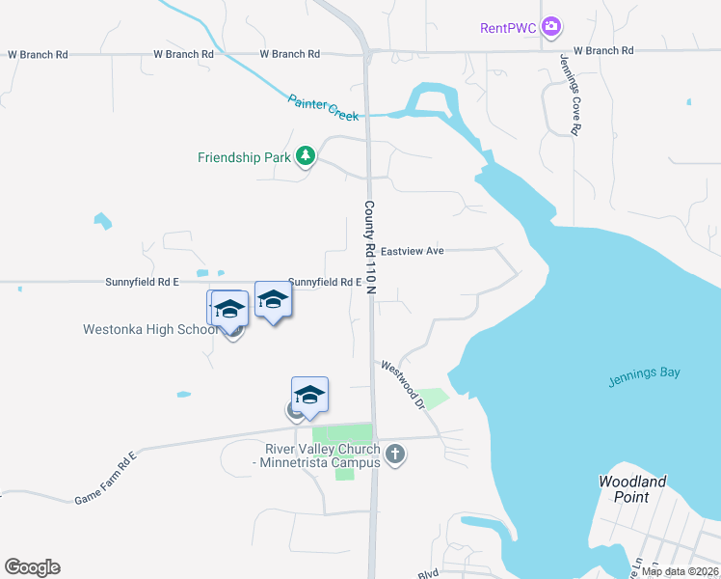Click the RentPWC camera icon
[x=551, y=27]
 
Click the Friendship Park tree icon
[x=306, y=156]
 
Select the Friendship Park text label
[x=244, y=157]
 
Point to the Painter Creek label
[x=323, y=106]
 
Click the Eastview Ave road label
[x=412, y=251]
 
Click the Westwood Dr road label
[x=404, y=382]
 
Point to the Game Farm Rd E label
[x=106, y=477]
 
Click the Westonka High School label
[x=150, y=329]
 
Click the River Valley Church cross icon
[x=394, y=454]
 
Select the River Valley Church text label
[x=322, y=456]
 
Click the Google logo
[x=32, y=567]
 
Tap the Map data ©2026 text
[x=680, y=571]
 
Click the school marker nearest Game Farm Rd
[x=309, y=395]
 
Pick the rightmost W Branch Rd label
[x=602, y=49]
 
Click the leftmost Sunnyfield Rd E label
[x=143, y=282]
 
